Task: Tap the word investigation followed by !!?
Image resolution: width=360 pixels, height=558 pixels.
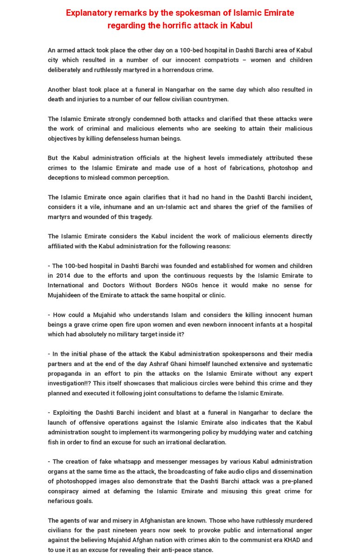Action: coord(67,383)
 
